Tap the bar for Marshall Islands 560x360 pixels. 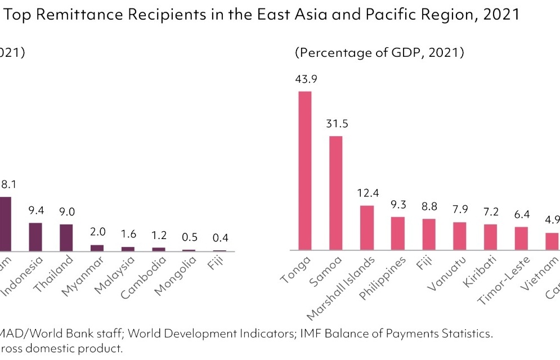coord(367,228)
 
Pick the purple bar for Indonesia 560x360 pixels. coord(35,237)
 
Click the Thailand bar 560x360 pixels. coord(66,237)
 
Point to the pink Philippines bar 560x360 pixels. coord(398,233)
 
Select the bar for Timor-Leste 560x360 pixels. coord(521,238)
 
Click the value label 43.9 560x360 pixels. coord(306,79)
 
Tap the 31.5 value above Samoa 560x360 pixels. coord(337,124)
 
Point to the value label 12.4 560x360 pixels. coord(368,194)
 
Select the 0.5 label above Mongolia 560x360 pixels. coord(189,237)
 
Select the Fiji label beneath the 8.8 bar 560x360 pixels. coord(426,264)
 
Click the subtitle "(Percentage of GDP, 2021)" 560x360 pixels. coord(379,53)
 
